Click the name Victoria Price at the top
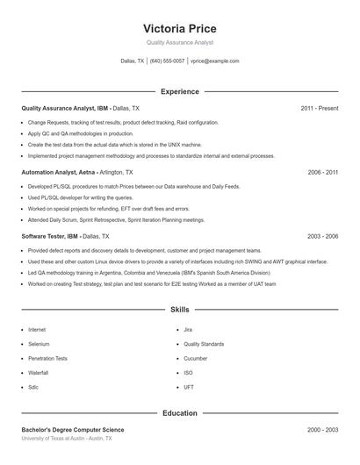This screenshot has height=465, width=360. pos(180,28)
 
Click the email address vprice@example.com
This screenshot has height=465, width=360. pos(215,61)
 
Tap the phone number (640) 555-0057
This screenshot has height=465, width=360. pos(167,61)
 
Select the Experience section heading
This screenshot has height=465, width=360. pos(180,91)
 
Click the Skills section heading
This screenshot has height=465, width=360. pos(180,310)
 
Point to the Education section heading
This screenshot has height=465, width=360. pos(180,412)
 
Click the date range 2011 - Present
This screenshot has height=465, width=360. pos(320,109)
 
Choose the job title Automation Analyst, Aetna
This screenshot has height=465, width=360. pos(59,173)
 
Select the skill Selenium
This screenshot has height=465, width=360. pos(38,344)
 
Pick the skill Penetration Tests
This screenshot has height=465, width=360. pos(47,358)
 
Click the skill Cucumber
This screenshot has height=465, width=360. pos(195,358)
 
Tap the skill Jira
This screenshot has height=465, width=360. pos(188,329)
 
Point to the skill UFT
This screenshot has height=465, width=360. pos(189,387)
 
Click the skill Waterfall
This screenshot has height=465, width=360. pos(39,373)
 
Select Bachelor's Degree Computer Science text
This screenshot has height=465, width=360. pos(73,430)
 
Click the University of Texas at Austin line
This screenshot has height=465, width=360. pos(67,438)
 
